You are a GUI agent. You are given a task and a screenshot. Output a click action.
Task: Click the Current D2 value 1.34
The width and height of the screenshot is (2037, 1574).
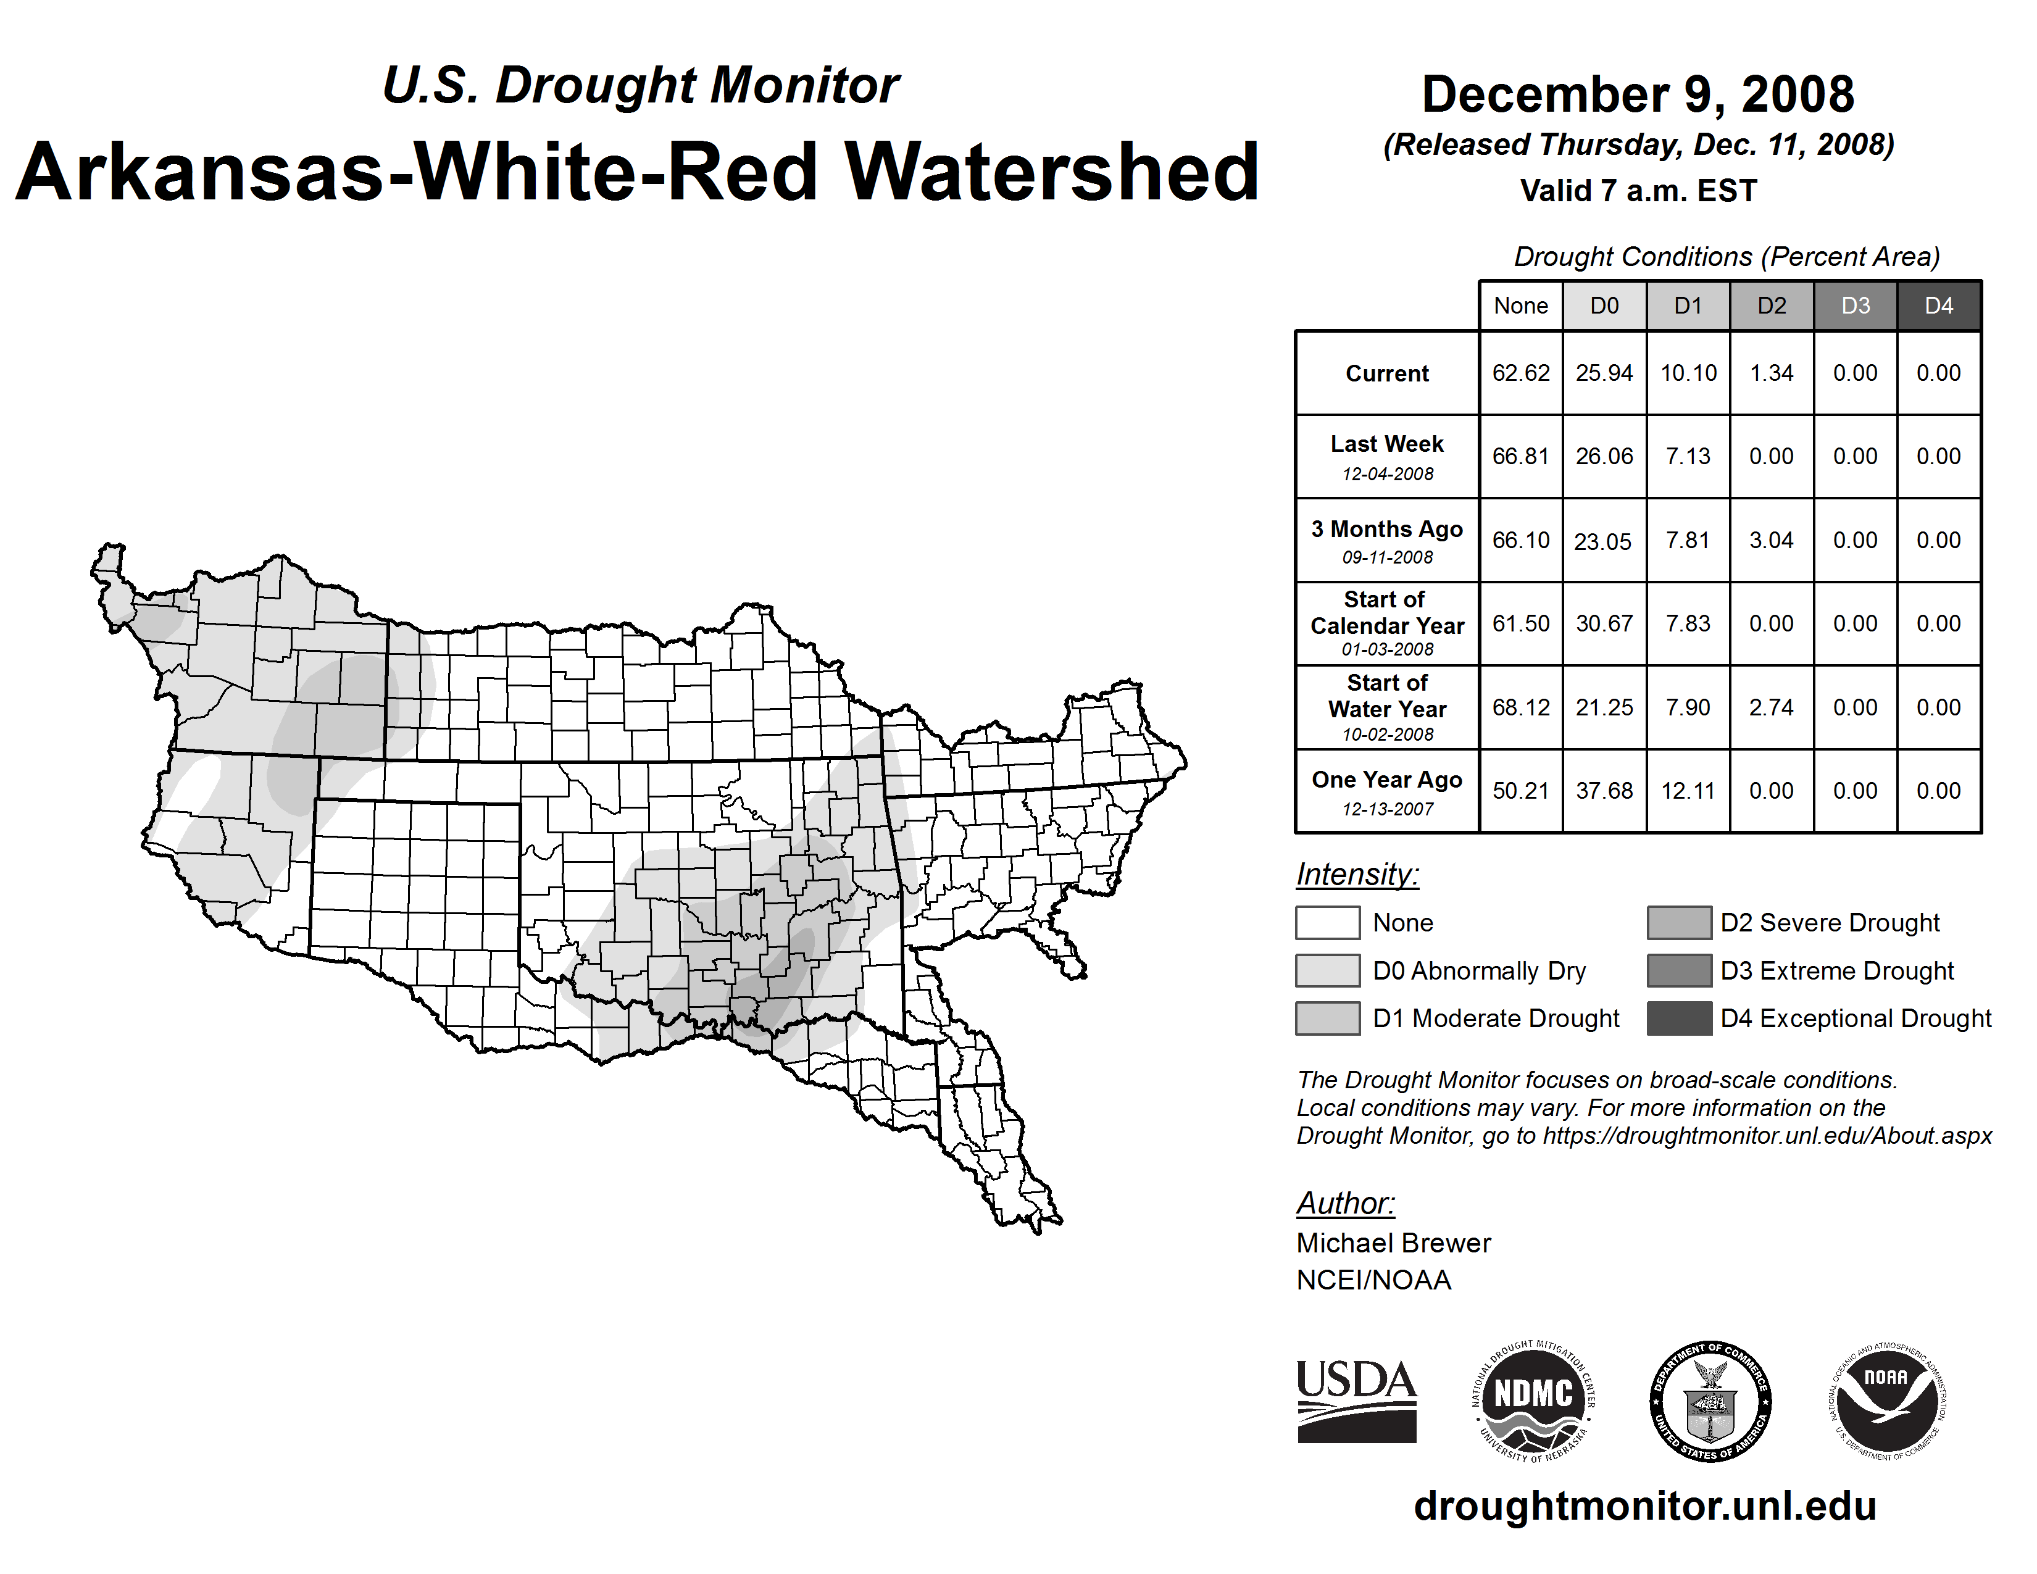1771,373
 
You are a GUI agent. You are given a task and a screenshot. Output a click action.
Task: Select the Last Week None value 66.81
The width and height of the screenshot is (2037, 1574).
1520,456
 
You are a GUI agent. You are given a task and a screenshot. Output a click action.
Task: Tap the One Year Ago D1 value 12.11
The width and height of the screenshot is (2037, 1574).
1688,791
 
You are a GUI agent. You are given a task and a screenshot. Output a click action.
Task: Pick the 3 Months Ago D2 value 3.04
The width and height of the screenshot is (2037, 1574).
1771,540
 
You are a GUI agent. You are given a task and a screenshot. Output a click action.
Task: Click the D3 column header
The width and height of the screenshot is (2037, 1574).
1855,306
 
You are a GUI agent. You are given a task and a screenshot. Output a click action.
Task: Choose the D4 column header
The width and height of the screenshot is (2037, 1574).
1938,306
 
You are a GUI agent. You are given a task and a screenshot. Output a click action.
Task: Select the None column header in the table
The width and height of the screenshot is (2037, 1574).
1520,306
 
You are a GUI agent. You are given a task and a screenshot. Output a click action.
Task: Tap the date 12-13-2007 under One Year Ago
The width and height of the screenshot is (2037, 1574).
1387,809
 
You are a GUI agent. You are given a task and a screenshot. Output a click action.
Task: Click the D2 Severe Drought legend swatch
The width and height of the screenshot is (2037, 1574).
1679,922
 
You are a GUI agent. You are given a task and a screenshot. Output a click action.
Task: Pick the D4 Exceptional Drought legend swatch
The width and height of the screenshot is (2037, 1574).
1679,1018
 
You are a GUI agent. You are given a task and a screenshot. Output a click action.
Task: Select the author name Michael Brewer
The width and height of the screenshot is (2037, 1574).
1393,1243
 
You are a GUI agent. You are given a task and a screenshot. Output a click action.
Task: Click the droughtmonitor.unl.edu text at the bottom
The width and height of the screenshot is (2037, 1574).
1645,1506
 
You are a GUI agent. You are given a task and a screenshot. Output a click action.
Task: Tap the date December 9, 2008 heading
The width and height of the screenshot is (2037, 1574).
1638,95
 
